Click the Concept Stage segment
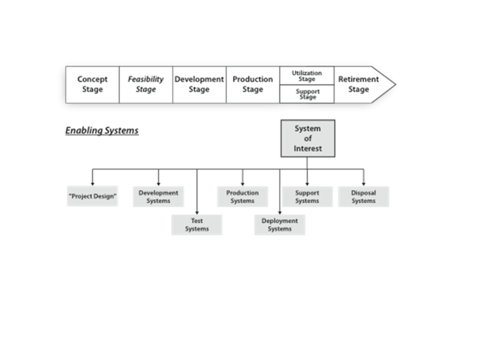tap(92, 85)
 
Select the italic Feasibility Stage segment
tap(145, 85)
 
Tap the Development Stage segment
tap(199, 85)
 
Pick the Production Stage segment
tap(253, 85)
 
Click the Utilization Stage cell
tap(307, 76)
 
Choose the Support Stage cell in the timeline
tap(307, 94)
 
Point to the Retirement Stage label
tap(358, 85)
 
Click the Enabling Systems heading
tap(102, 130)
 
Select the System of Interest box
tap(308, 138)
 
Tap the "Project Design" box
tap(92, 197)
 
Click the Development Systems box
tap(158, 197)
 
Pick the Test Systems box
tap(197, 224)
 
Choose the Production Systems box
tap(242, 197)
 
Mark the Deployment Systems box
tap(280, 224)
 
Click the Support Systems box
tap(307, 197)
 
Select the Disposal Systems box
tap(364, 197)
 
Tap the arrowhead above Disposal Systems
tap(364, 183)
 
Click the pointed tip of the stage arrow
tap(395, 85)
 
